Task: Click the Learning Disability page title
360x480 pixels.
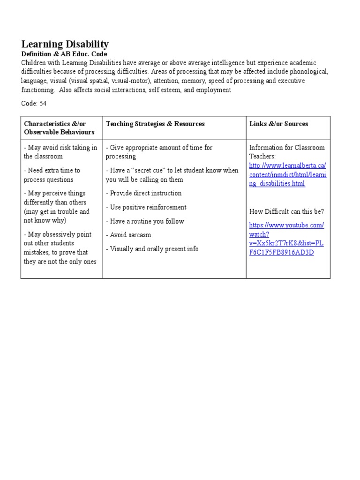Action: point(65,45)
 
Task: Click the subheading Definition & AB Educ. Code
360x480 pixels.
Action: point(64,54)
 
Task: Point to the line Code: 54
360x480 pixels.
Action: point(34,103)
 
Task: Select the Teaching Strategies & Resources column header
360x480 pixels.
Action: point(155,124)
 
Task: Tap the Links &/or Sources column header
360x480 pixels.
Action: point(278,124)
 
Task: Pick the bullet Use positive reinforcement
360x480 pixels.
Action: point(146,207)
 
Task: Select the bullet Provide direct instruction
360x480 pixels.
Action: point(143,193)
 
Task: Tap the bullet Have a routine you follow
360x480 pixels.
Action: point(145,221)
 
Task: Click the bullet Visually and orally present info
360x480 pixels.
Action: point(152,249)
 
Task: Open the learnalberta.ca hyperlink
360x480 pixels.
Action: point(287,174)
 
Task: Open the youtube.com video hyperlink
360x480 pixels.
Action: point(286,239)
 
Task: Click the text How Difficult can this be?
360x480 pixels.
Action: point(286,211)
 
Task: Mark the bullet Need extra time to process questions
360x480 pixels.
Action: point(52,175)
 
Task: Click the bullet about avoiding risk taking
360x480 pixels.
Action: point(60,152)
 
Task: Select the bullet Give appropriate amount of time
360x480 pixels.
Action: point(159,152)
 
